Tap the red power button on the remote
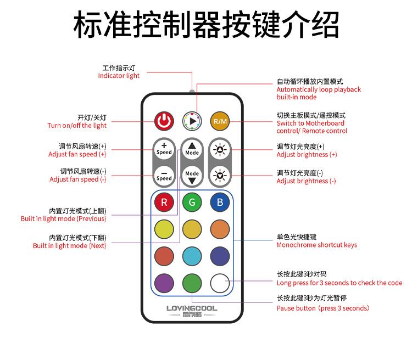pos(164,121)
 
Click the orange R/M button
pos(220,121)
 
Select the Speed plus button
pos(164,149)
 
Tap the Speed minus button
pos(164,176)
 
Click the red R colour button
pos(164,202)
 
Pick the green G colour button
pos(192,202)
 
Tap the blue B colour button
pos(220,202)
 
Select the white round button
pos(220,283)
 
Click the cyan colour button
pos(192,256)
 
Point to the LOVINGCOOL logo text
pos(192,308)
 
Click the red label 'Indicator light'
pos(119,76)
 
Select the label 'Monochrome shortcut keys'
pos(316,245)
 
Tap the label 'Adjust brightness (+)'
pos(307,155)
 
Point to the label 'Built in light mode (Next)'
pos(69,246)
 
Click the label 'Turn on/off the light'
pos(77,126)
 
